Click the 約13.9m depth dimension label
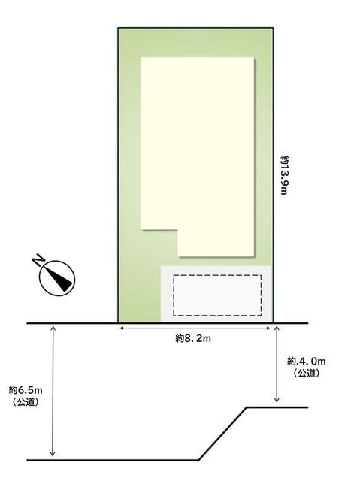285,175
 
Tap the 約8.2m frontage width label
193,339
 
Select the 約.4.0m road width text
307,361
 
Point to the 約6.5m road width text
26,390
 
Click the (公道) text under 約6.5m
26,402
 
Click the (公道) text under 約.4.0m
307,373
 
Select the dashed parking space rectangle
217,295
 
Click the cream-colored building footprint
198,147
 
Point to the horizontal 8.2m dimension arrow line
195,328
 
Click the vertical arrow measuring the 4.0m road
277,364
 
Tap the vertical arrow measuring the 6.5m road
53,391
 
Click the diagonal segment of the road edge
223,434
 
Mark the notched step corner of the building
178,229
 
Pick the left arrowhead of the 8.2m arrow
121,328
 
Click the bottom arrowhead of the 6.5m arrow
53,454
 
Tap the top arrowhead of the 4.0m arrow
277,328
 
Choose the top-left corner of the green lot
118,28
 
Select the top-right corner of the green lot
273,28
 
